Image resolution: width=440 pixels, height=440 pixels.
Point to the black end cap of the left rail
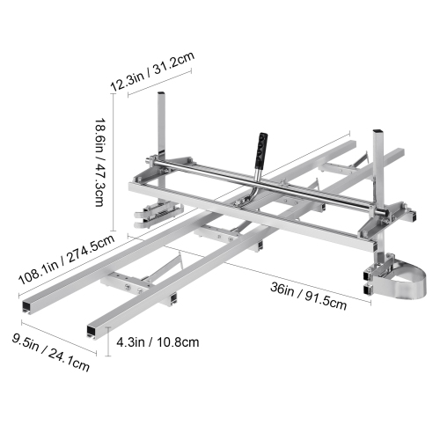click(24, 303)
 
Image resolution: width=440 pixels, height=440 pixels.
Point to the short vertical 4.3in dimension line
click(108, 340)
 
